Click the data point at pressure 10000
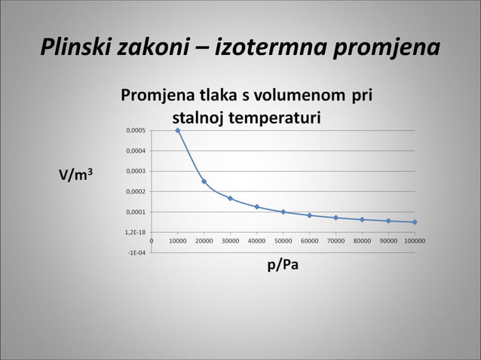(x=178, y=130)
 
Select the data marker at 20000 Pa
(x=204, y=182)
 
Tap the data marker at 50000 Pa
(x=283, y=212)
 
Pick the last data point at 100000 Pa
(x=415, y=222)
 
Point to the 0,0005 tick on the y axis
(x=136, y=130)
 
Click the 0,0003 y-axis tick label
(x=136, y=172)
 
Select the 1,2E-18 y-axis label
(x=136, y=233)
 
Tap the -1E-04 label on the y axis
(x=136, y=252)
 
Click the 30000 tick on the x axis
(x=230, y=242)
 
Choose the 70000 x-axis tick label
(x=335, y=242)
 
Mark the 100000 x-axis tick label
(x=414, y=242)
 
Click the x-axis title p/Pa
(x=283, y=267)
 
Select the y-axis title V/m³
(x=77, y=175)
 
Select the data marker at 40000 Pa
(x=257, y=206)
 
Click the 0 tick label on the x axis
(x=152, y=242)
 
